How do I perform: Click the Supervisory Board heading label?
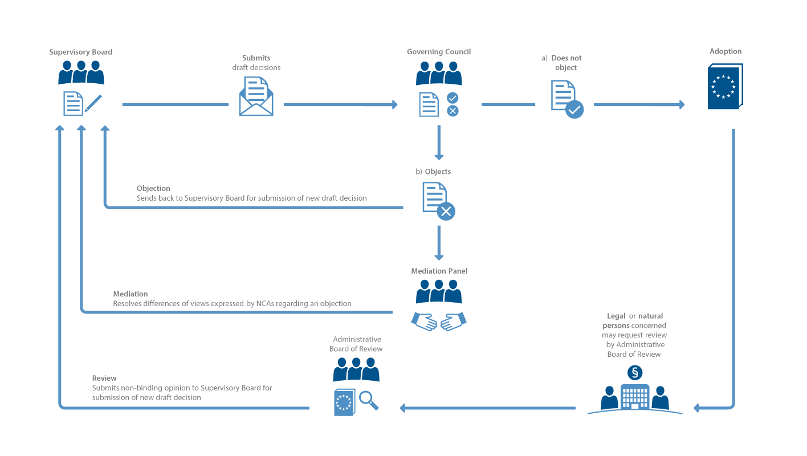click(80, 52)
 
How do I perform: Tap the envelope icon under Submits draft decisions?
click(256, 97)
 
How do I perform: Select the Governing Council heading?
click(439, 52)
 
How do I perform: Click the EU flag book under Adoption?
click(724, 87)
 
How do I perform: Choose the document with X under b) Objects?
click(438, 201)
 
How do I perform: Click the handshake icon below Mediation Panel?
click(439, 321)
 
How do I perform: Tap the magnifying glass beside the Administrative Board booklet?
click(369, 400)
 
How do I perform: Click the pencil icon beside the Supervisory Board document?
click(93, 103)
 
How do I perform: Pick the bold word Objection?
click(153, 188)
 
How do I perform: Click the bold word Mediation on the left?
click(130, 294)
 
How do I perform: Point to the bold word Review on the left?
click(104, 378)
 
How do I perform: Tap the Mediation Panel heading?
click(439, 271)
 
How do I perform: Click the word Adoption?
click(726, 51)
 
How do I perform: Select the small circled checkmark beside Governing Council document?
click(453, 97)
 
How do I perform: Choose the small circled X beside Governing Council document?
click(453, 111)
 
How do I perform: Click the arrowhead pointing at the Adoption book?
click(681, 104)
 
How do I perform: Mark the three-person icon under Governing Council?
click(438, 73)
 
